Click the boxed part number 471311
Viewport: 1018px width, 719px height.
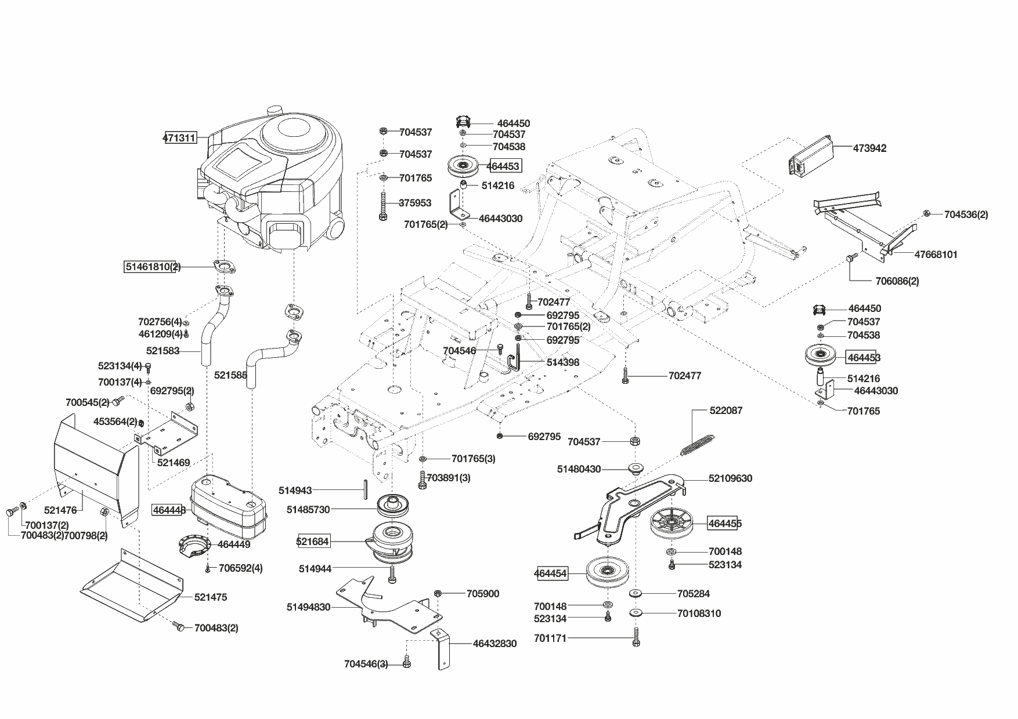pyautogui.click(x=180, y=139)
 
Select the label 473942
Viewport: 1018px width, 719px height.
pyautogui.click(x=869, y=148)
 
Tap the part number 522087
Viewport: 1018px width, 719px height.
pyautogui.click(x=725, y=411)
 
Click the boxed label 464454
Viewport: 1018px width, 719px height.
pyautogui.click(x=550, y=574)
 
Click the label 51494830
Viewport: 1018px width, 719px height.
pyautogui.click(x=308, y=607)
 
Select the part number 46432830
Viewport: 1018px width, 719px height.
pyautogui.click(x=494, y=644)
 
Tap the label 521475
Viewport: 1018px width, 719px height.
pyautogui.click(x=211, y=597)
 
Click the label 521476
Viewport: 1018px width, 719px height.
pyautogui.click(x=60, y=510)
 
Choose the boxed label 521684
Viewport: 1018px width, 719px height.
pyautogui.click(x=313, y=542)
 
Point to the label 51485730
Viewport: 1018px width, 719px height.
pyautogui.click(x=308, y=510)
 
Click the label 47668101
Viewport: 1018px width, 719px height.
pyautogui.click(x=936, y=255)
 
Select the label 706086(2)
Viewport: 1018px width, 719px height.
pyautogui.click(x=897, y=281)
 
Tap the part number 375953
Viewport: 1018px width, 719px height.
pyautogui.click(x=415, y=203)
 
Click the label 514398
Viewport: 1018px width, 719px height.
pyautogui.click(x=562, y=362)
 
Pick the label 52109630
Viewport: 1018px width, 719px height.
pyautogui.click(x=730, y=478)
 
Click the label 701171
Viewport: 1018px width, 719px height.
pyautogui.click(x=550, y=639)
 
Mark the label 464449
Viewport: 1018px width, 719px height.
pyautogui.click(x=234, y=544)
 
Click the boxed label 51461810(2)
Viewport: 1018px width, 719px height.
pyautogui.click(x=153, y=267)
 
